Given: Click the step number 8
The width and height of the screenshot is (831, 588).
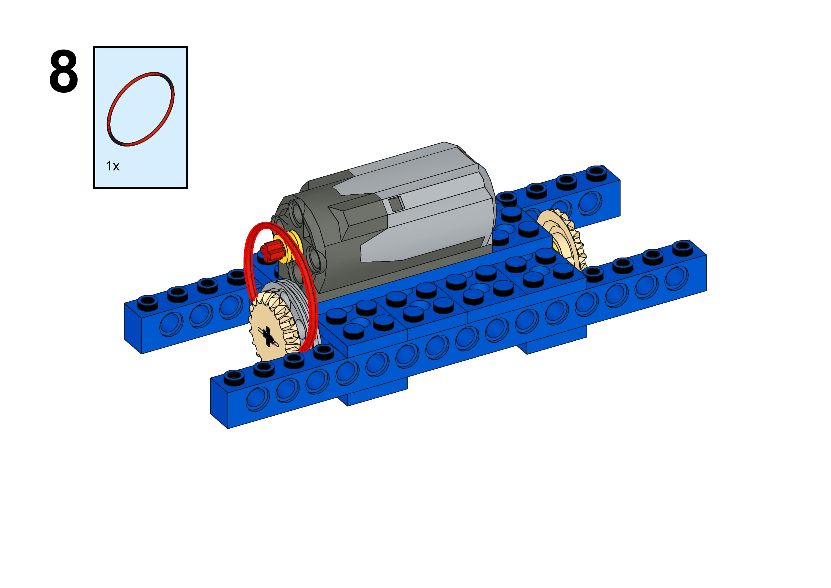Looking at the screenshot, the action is point(63,71).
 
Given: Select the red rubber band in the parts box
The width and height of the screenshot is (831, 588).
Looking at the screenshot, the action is point(140,109).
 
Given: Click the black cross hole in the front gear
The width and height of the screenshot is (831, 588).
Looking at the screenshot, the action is point(267,336).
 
